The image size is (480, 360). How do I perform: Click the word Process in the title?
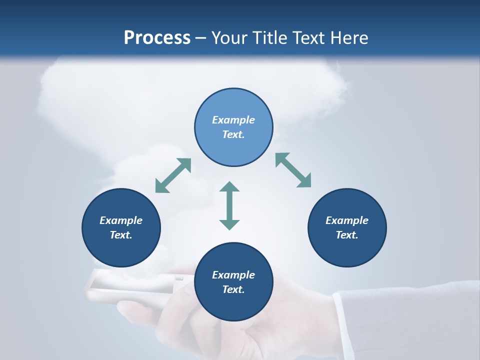tap(157, 38)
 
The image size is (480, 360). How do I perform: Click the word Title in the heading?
tap(270, 38)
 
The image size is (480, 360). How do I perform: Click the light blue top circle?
tap(233, 127)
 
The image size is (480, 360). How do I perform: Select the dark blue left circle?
tap(121, 227)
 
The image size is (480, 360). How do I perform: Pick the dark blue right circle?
tap(347, 227)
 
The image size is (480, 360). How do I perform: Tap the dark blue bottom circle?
tap(233, 282)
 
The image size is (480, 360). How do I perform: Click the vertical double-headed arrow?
tap(229, 205)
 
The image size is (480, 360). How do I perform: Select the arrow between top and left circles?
tap(173, 175)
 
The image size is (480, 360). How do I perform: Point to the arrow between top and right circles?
tap(293, 170)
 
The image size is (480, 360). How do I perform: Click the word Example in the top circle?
tap(233, 120)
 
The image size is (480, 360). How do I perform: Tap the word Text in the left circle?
tap(120, 235)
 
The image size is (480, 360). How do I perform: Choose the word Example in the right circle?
tap(347, 220)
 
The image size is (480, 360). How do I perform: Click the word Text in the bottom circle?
tap(232, 289)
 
